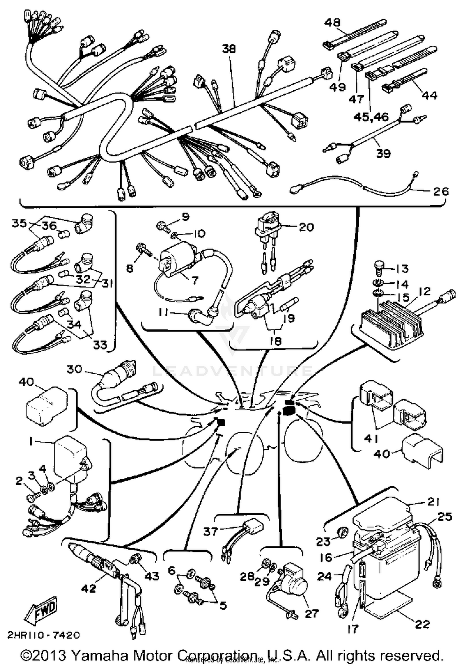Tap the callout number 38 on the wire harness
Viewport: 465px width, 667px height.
pos(229,49)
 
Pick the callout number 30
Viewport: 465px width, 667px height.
pos(74,369)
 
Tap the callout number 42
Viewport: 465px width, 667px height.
pos(89,588)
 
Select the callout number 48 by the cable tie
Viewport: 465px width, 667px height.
pos(333,23)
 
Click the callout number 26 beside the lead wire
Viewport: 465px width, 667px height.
pos(441,191)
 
